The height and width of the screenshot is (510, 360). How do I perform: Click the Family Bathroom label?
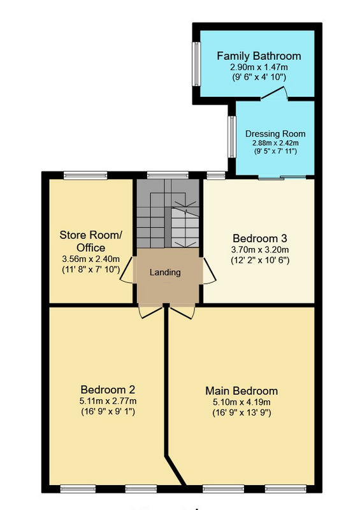pos(259,56)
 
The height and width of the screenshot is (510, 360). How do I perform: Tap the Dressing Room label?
pos(275,134)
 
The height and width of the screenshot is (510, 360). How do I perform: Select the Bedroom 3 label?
pos(260,238)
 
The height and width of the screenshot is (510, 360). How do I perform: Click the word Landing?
pos(165,272)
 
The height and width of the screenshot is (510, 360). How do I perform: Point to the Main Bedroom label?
pos(241,391)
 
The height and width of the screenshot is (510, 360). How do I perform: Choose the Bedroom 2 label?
pos(108,390)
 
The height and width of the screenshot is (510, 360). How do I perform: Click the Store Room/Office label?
pos(90,241)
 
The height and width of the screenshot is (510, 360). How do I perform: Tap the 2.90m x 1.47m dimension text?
pos(259,68)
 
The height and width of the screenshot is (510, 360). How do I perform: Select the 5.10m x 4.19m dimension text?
pos(241,402)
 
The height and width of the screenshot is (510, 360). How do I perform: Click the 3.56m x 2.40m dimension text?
pos(90,259)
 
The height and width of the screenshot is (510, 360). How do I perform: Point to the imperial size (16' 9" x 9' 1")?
pos(108,411)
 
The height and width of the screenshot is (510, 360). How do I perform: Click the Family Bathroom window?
pos(196,64)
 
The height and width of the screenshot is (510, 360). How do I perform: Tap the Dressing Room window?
pos(232,137)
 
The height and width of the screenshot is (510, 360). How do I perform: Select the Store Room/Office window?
pos(85,175)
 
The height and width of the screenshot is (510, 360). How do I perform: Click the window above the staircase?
pos(168,175)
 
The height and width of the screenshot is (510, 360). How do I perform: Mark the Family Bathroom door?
pos(274,93)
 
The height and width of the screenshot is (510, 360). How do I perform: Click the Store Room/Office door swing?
pos(127,270)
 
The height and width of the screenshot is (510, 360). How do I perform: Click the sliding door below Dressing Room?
pos(282,178)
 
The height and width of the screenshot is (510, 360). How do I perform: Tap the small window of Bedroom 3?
pos(216,175)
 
